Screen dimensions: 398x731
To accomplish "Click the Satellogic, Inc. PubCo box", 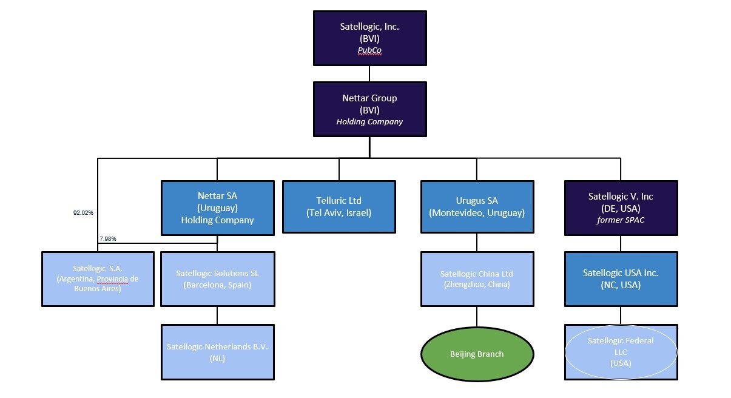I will point(369,38).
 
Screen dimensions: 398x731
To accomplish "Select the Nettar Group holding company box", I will point(369,109).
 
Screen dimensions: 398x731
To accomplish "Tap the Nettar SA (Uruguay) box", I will point(217,207).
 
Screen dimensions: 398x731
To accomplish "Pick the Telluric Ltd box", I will point(339,206).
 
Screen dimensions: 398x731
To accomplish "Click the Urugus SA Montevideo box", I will point(476,206).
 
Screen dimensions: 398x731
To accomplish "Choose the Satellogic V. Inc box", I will point(621,207).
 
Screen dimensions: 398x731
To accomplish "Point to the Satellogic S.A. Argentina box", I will point(98,278).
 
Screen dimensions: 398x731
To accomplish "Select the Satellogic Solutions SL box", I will point(217,278).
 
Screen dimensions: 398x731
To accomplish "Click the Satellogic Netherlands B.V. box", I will point(217,352).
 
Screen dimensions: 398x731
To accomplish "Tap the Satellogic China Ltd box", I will point(476,278).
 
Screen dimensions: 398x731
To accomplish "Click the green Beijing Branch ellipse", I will point(476,354).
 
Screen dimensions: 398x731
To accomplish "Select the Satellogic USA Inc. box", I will point(621,278).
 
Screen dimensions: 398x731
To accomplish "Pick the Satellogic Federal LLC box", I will point(621,352).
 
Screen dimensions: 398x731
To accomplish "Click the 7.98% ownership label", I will point(107,239).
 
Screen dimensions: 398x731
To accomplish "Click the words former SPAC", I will point(621,220).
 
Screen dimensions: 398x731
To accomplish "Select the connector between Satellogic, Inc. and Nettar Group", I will point(369,73).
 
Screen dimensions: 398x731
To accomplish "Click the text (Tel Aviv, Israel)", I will point(339,213).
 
